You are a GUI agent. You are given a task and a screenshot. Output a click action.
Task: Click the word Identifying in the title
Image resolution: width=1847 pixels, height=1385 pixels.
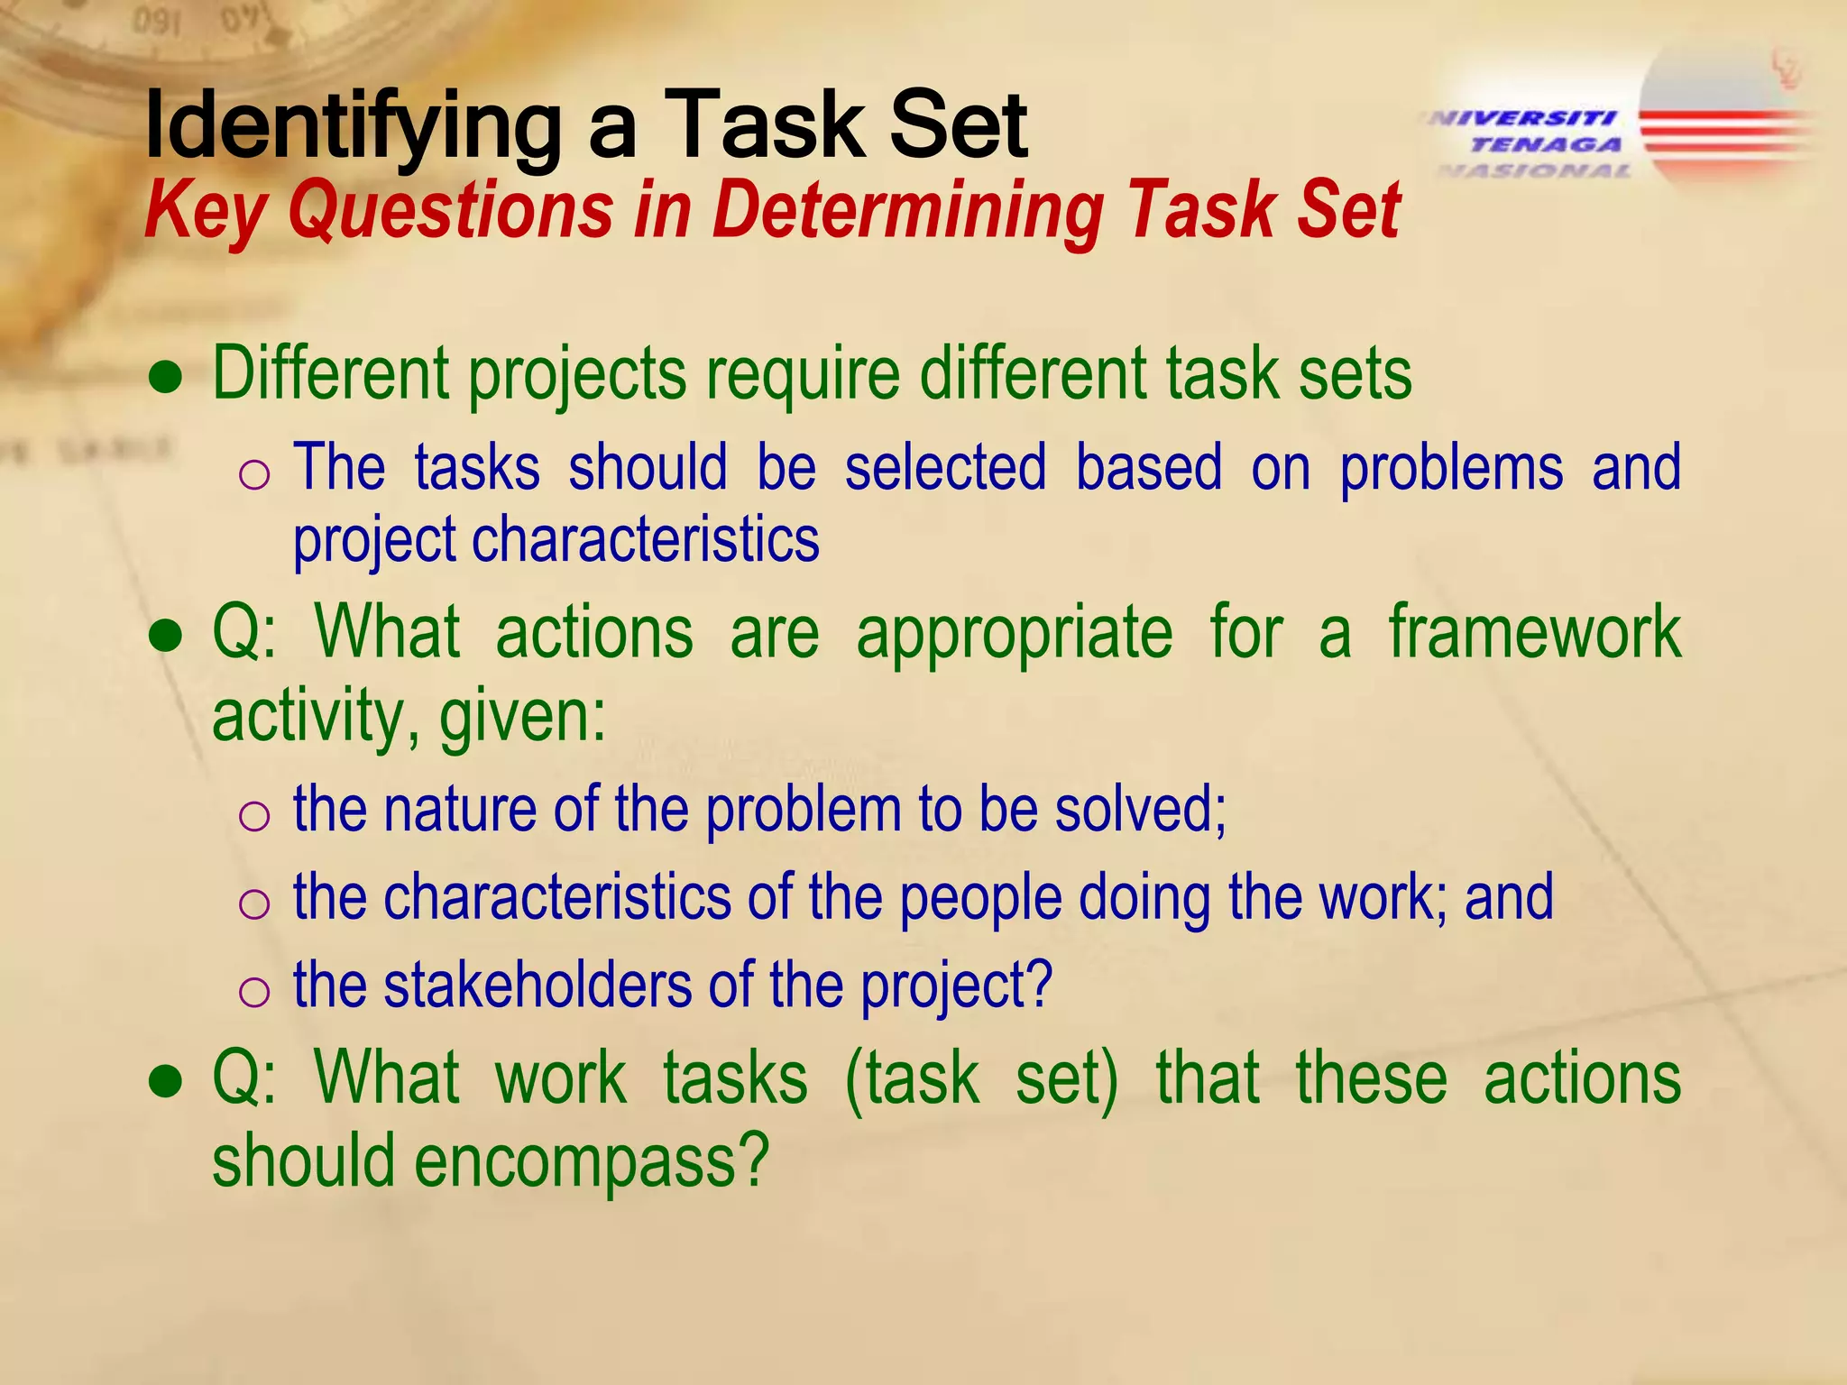click(x=353, y=126)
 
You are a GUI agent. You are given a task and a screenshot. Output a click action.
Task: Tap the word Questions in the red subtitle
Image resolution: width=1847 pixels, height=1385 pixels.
click(x=451, y=211)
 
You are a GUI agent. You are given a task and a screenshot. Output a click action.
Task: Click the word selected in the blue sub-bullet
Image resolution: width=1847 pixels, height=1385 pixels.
click(x=945, y=467)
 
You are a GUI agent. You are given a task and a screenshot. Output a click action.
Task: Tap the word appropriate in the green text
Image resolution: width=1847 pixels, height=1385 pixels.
click(x=1015, y=632)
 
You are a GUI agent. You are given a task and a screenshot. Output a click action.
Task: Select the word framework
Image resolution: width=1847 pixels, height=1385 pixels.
click(x=1534, y=632)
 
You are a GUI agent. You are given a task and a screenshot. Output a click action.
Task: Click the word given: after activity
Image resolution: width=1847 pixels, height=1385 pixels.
click(x=522, y=717)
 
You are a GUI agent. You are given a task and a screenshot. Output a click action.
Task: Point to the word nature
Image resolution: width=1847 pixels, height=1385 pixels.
click(x=460, y=809)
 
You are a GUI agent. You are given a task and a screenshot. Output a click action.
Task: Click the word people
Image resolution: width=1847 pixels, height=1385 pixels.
click(x=981, y=898)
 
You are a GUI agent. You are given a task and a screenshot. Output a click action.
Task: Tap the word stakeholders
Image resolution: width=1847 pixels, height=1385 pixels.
click(x=538, y=985)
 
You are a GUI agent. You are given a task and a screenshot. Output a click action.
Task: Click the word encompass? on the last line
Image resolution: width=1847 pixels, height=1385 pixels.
click(x=592, y=1160)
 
